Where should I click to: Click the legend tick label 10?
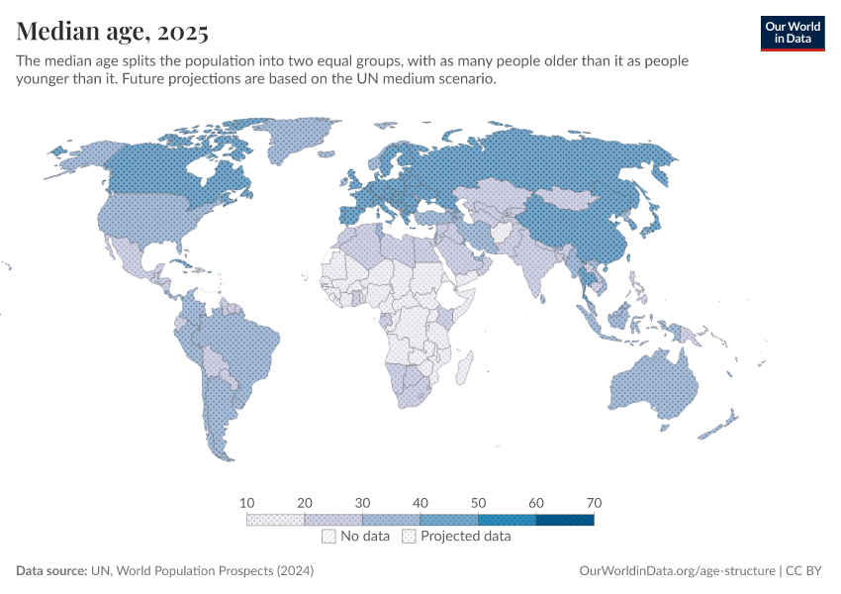[247, 503]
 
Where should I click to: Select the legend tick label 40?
[420, 503]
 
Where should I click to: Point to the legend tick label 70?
[594, 503]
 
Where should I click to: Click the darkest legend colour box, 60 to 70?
[565, 519]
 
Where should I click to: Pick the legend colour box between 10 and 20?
[276, 519]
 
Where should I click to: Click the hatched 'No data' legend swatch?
[328, 537]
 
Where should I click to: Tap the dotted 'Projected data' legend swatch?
[409, 537]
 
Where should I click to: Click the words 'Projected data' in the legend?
[465, 537]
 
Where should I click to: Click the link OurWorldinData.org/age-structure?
[676, 571]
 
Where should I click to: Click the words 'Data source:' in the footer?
[51, 571]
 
